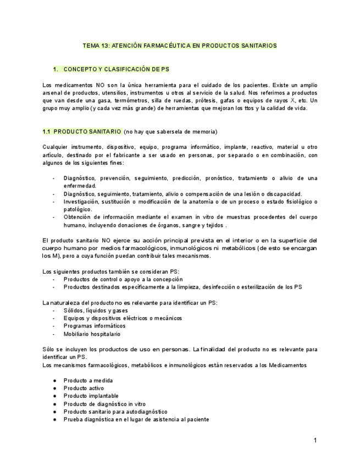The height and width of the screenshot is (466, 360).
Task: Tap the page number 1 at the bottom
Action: click(315, 440)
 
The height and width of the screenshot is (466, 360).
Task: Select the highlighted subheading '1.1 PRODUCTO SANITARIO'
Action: click(82, 132)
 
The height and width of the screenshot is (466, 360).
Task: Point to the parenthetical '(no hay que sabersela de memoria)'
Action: click(170, 132)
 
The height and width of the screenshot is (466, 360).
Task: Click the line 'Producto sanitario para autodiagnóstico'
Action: click(115, 411)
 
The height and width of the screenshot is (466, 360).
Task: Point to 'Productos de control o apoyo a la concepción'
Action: click(123, 279)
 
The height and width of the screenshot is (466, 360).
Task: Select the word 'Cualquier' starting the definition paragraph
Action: click(56, 147)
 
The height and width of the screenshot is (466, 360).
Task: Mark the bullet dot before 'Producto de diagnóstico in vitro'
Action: click(54, 403)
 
